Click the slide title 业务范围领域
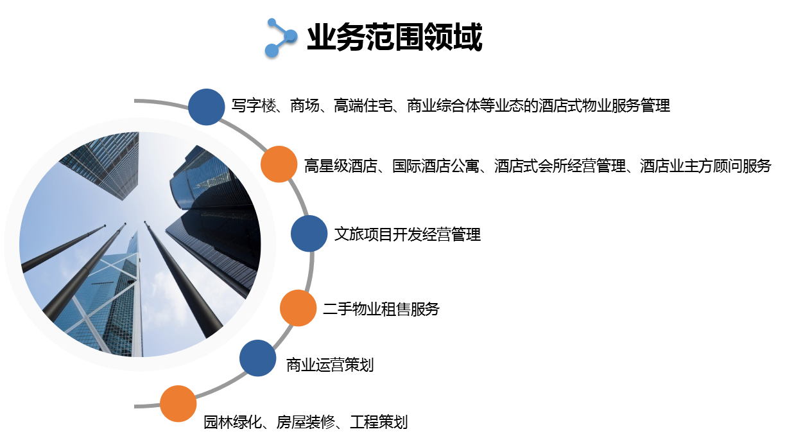pyautogui.click(x=395, y=37)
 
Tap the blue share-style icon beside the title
pyautogui.click(x=281, y=38)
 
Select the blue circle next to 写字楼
pyautogui.click(x=206, y=107)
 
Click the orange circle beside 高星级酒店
pyautogui.click(x=279, y=164)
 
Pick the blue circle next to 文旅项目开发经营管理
pyautogui.click(x=309, y=233)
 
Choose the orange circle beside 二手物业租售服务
pyautogui.click(x=298, y=308)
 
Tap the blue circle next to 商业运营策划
pyautogui.click(x=257, y=358)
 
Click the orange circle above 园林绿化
pyautogui.click(x=178, y=403)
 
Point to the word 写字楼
pyautogui.click(x=254, y=106)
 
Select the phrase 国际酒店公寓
pyautogui.click(x=436, y=166)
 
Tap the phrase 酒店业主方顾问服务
pyautogui.click(x=705, y=166)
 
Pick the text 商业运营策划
pyautogui.click(x=330, y=365)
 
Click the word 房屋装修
pyautogui.click(x=306, y=423)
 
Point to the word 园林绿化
pyautogui.click(x=233, y=423)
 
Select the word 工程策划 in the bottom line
pyautogui.click(x=379, y=423)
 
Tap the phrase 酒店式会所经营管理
pyautogui.click(x=560, y=166)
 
